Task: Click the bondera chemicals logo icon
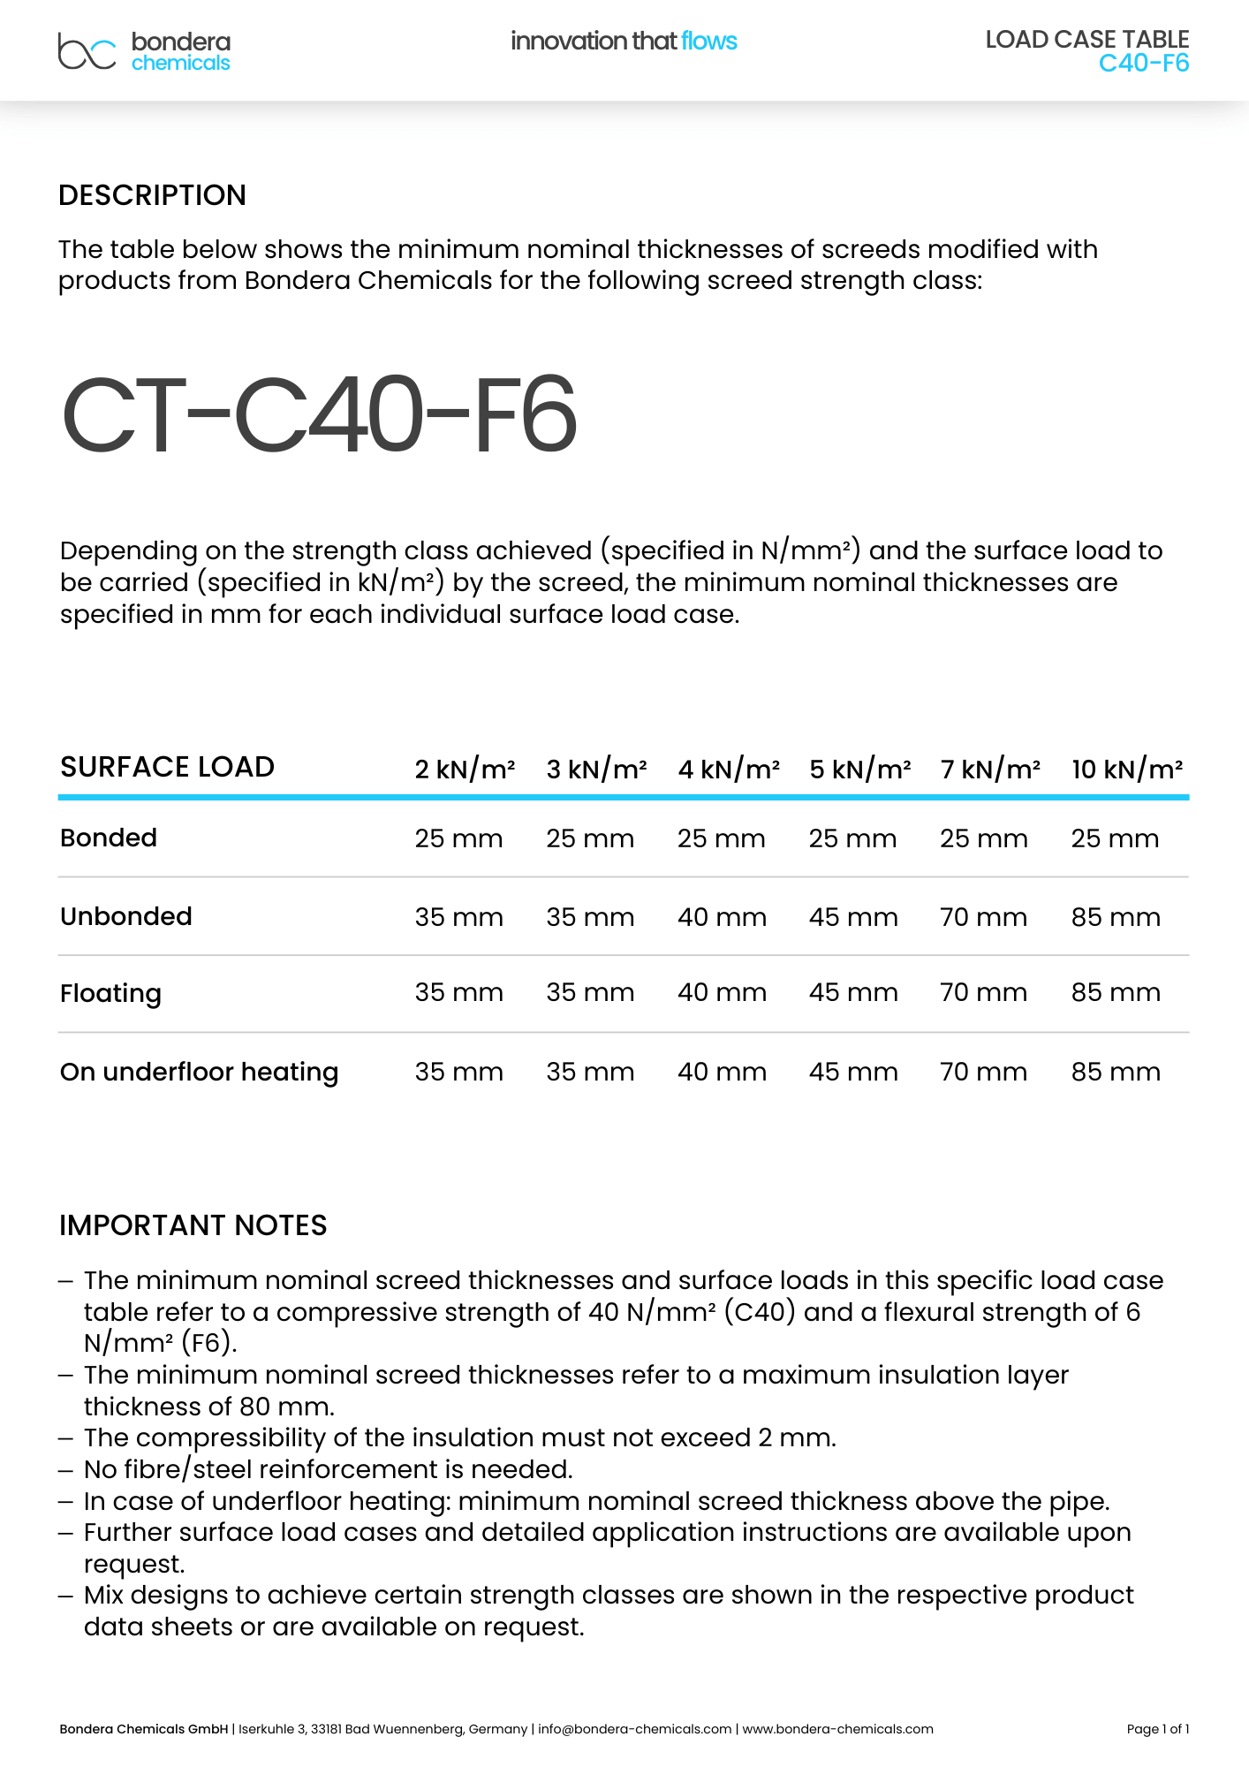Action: pyautogui.click(x=87, y=51)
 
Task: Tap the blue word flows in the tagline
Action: pyautogui.click(x=708, y=41)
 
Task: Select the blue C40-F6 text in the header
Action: pyautogui.click(x=1143, y=64)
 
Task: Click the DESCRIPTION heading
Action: pyautogui.click(x=152, y=195)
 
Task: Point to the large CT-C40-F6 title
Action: pyautogui.click(x=319, y=414)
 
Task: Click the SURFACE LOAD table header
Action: pyautogui.click(x=167, y=767)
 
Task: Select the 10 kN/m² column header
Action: pyautogui.click(x=1126, y=770)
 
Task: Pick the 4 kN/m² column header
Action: pyautogui.click(x=728, y=770)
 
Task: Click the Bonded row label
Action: pyautogui.click(x=109, y=838)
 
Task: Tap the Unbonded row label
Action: pyautogui.click(x=125, y=916)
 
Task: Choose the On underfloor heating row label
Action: pyautogui.click(x=199, y=1072)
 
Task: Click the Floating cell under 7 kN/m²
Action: pyautogui.click(x=983, y=993)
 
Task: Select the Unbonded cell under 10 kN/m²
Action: pyautogui.click(x=1116, y=917)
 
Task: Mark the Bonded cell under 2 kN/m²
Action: pyautogui.click(x=458, y=838)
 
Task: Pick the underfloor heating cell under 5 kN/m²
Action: pyautogui.click(x=853, y=1072)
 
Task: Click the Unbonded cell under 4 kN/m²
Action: pyautogui.click(x=722, y=917)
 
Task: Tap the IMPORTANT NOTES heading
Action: pyautogui.click(x=193, y=1225)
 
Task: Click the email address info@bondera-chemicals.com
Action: pyautogui.click(x=634, y=1729)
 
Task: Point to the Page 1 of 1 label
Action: pyautogui.click(x=1157, y=1729)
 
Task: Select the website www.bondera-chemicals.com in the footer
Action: pyautogui.click(x=837, y=1729)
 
